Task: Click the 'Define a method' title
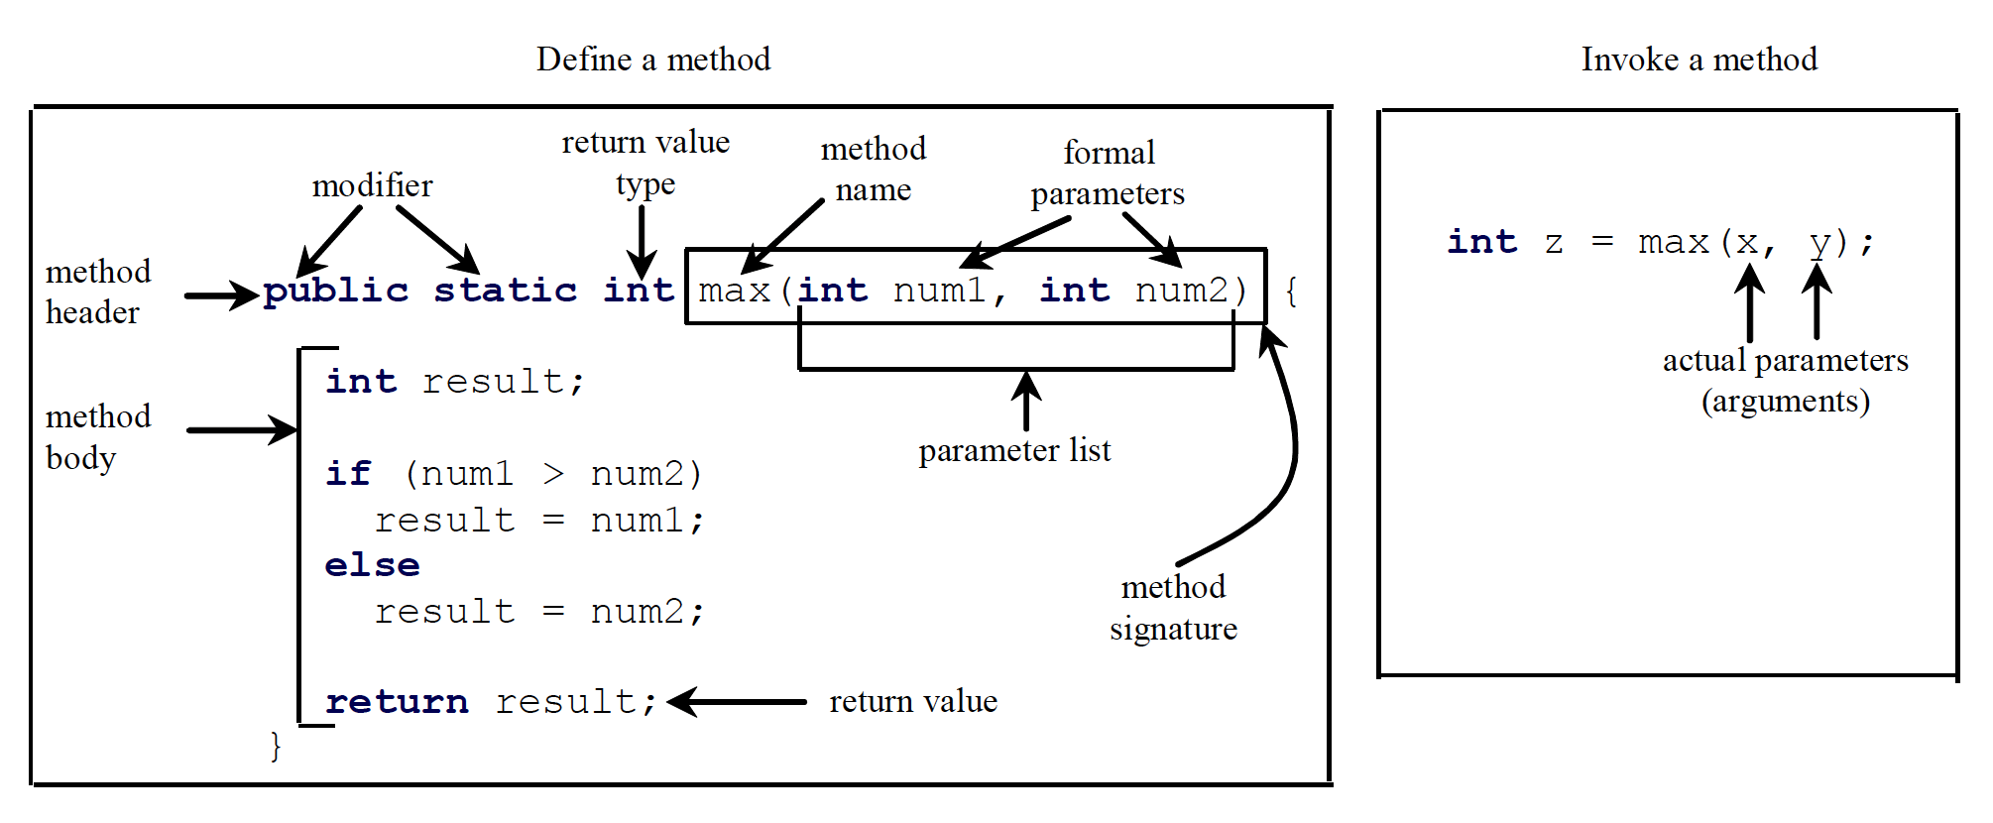(x=653, y=59)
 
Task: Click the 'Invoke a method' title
(x=1699, y=59)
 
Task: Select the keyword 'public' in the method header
(x=336, y=291)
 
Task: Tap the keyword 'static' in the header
(x=506, y=291)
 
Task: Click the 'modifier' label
(x=372, y=185)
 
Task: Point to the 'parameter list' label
(x=1014, y=451)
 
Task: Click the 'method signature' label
(x=1173, y=607)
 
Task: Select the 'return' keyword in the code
(x=397, y=702)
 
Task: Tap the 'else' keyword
(x=372, y=565)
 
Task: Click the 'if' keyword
(x=348, y=474)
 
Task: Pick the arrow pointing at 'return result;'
(x=737, y=702)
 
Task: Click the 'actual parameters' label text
(x=1785, y=361)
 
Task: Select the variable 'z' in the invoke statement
(x=1554, y=243)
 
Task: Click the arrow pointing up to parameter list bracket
(x=1026, y=401)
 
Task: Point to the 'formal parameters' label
(x=1108, y=173)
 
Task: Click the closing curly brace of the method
(x=276, y=746)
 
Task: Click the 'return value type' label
(x=645, y=163)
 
